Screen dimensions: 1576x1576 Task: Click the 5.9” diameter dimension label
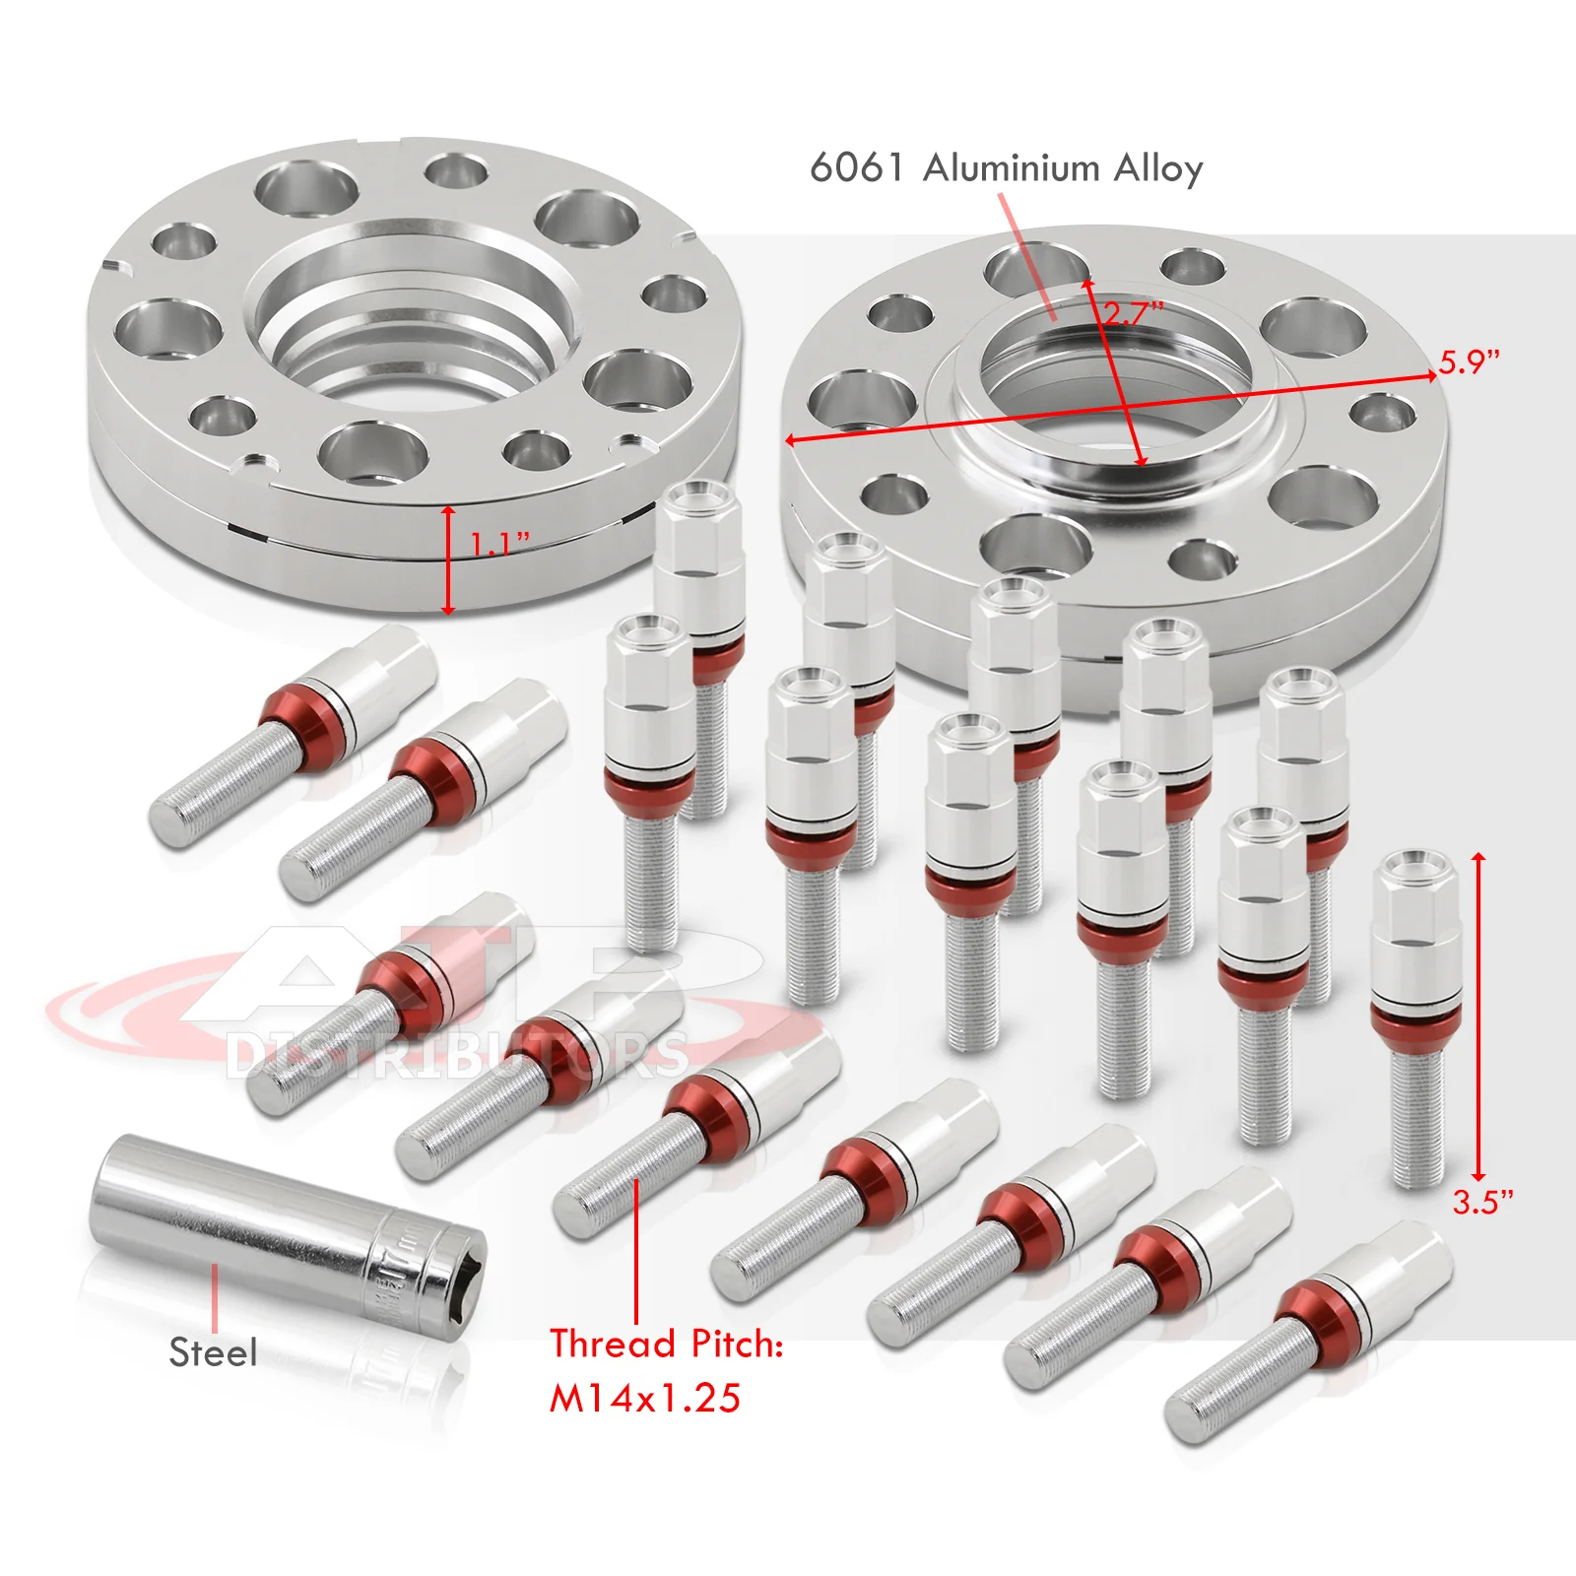(x=1470, y=361)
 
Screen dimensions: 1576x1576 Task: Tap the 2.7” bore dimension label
(x=1133, y=313)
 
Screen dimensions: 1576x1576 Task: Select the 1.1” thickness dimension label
(x=499, y=543)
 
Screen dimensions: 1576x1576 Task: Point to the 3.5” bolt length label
(x=1482, y=1202)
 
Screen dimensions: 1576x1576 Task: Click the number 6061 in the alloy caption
(x=856, y=167)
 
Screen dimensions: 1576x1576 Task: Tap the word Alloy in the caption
(x=1158, y=167)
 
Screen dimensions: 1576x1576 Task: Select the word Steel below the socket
(x=213, y=1352)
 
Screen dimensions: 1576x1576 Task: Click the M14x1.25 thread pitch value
(x=645, y=1398)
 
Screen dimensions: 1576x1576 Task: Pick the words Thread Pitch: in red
(x=667, y=1344)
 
